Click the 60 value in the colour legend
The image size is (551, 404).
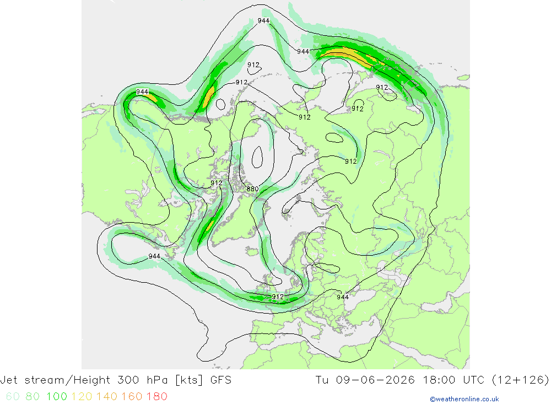click(x=13, y=396)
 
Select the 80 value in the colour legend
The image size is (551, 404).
click(x=33, y=396)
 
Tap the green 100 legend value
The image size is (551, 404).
click(x=57, y=396)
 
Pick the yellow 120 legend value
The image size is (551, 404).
click(x=82, y=396)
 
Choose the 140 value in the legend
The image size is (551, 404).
click(x=107, y=396)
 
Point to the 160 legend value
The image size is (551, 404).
click(x=132, y=396)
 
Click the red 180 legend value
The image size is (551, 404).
click(x=156, y=396)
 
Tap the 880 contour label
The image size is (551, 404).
click(x=252, y=189)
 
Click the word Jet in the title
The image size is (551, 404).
click(x=9, y=380)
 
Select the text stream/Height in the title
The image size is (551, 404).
click(x=67, y=380)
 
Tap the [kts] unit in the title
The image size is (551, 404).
click(x=189, y=380)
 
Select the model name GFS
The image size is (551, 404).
click(x=221, y=380)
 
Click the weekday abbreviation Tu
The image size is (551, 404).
click(x=322, y=380)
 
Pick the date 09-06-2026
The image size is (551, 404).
click(x=375, y=380)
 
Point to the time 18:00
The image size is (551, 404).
click(x=439, y=380)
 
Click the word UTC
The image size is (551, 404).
click(x=474, y=380)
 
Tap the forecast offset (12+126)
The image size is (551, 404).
click(x=521, y=380)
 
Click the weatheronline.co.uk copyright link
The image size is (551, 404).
click(x=464, y=399)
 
